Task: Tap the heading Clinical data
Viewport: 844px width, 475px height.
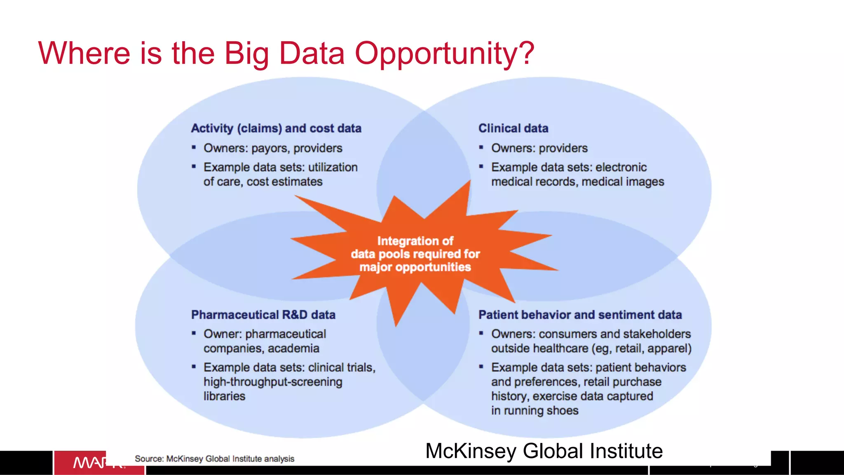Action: click(513, 129)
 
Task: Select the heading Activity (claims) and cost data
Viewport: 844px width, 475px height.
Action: click(276, 129)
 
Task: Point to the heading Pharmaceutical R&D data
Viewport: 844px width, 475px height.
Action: click(263, 315)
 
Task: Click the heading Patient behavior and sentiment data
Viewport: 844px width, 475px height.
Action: click(580, 315)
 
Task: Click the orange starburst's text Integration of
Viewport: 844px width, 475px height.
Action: click(415, 241)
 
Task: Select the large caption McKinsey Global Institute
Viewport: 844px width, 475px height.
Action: click(544, 451)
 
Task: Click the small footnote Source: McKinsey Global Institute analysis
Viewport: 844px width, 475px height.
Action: click(214, 459)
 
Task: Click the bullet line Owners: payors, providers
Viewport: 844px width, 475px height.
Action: click(273, 148)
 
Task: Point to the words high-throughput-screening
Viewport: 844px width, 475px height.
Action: click(273, 382)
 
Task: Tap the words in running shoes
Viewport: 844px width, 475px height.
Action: click(535, 411)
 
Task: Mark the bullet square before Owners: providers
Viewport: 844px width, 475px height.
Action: click(481, 147)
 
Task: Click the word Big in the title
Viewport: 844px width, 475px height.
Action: click(246, 54)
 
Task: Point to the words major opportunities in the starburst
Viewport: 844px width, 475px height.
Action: click(415, 267)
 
